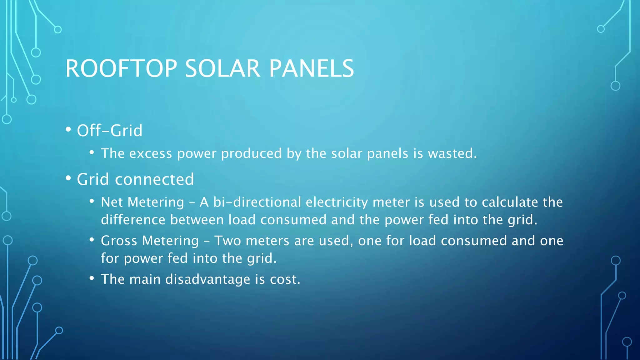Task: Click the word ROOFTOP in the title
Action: pos(121,68)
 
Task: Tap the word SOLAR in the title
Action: pos(222,68)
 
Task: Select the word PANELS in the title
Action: pos(311,68)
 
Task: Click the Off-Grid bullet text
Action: pos(110,130)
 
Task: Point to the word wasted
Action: pos(452,153)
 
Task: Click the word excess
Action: pos(151,153)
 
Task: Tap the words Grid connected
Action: pos(135,179)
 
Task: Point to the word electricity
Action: pos(337,202)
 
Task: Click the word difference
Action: pos(133,220)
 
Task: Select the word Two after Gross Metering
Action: pos(227,241)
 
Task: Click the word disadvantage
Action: pos(207,279)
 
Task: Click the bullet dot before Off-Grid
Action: pos(68,129)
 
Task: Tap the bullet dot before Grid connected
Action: pos(68,178)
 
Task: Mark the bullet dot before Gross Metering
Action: pos(92,240)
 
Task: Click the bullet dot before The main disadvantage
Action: pos(92,278)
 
